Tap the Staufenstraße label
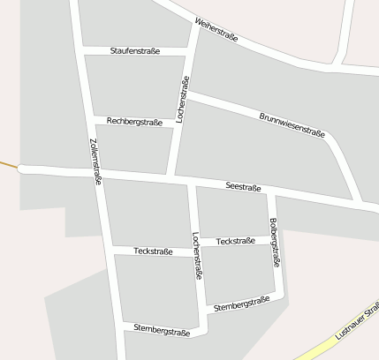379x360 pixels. [135, 51]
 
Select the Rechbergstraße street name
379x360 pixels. [134, 122]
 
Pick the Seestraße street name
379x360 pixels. [243, 187]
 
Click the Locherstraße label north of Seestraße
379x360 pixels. [183, 99]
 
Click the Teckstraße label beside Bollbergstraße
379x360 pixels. [235, 241]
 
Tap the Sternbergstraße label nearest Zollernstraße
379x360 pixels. [162, 329]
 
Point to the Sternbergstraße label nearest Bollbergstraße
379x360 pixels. [241, 304]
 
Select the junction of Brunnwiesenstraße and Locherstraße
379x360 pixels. [186, 93]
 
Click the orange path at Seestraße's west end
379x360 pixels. [8, 164]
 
